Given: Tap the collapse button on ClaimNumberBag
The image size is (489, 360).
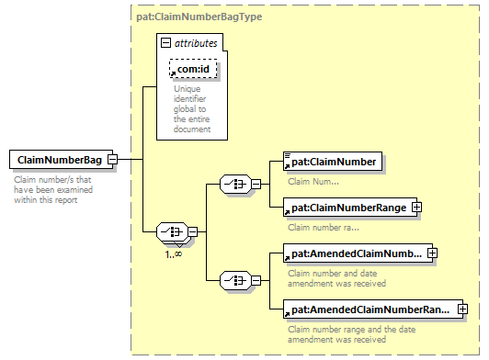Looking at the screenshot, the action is [x=112, y=160].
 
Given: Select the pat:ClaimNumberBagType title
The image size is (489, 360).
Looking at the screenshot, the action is [x=199, y=17].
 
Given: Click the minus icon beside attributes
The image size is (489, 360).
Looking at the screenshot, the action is [x=165, y=42].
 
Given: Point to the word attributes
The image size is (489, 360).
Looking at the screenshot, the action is [x=196, y=43].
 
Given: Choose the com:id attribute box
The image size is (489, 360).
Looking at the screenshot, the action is [x=193, y=69].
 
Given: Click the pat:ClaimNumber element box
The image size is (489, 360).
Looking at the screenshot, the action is [x=333, y=162].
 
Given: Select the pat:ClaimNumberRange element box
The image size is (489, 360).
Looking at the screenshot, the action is [x=350, y=208].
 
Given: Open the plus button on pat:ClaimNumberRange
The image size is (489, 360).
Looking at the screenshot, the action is [x=417, y=208].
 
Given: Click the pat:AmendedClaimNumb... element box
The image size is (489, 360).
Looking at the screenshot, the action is [x=358, y=253].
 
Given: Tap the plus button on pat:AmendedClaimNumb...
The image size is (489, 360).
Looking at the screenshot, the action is [x=432, y=253].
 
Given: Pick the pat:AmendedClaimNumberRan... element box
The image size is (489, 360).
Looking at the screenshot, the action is [x=373, y=309].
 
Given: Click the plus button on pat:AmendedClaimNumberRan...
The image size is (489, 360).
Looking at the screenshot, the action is [x=463, y=309].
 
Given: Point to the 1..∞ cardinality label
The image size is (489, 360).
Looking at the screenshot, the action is [x=174, y=254].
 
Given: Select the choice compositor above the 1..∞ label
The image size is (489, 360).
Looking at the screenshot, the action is [x=173, y=232].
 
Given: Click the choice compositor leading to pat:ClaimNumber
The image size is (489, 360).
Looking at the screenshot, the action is [x=235, y=185].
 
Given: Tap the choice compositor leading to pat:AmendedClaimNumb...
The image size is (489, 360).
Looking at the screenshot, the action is [x=235, y=280].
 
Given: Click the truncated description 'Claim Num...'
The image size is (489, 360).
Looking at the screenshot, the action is [x=313, y=182].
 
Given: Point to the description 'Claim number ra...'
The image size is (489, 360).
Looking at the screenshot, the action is [x=324, y=227].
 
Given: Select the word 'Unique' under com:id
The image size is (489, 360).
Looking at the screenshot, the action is [x=188, y=89].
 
